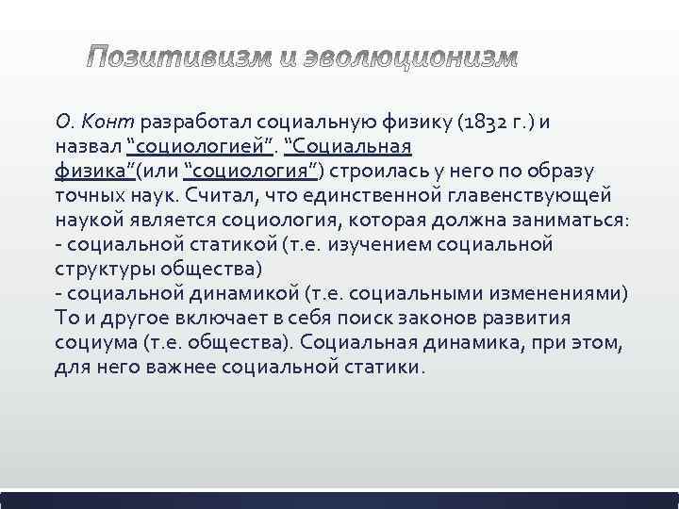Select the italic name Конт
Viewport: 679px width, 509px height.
(x=112, y=122)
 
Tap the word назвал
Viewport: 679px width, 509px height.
(x=89, y=146)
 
